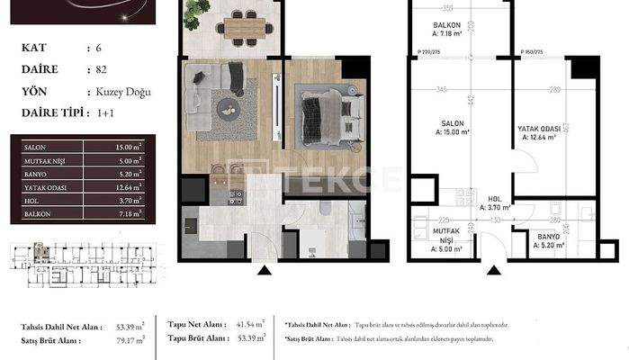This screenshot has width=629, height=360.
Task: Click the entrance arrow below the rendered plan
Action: (x=264, y=268)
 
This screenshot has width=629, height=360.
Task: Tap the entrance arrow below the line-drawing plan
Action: (x=491, y=268)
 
